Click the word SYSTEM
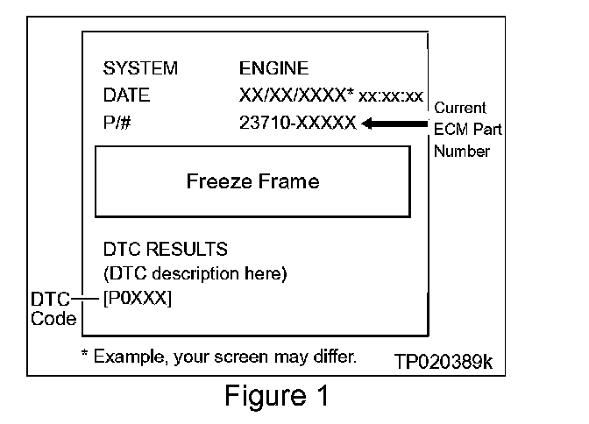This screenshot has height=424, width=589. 140,68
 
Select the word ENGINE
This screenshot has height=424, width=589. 273,68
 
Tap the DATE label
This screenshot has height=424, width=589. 126,95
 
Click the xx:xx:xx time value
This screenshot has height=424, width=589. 392,96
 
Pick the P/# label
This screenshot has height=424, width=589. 117,124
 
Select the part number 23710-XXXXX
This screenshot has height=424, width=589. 298,124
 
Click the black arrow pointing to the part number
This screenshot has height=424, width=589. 394,124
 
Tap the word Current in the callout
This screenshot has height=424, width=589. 460,109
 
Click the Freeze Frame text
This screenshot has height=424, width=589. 252,182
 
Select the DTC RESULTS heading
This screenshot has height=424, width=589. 166,250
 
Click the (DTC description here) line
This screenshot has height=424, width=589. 195,274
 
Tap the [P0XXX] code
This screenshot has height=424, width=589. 138,299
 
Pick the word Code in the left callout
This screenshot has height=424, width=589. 53,319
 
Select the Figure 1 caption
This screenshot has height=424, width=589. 276,396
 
